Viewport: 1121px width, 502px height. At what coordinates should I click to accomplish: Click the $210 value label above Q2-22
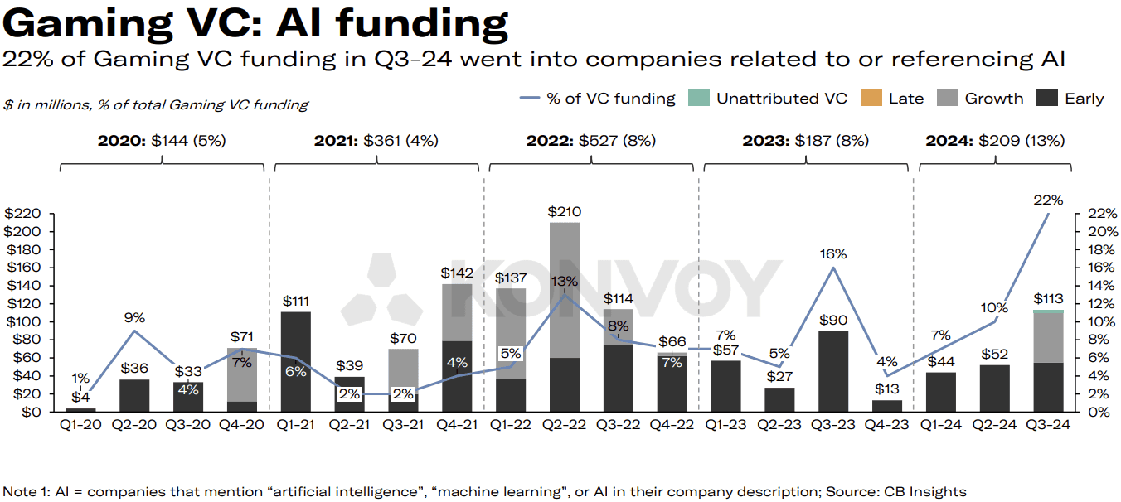tap(564, 212)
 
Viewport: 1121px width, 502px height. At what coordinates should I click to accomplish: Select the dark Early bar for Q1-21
tap(296, 361)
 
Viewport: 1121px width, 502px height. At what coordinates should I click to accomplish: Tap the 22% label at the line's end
tap(1049, 200)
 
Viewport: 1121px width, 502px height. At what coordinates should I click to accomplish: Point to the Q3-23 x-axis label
tap(832, 425)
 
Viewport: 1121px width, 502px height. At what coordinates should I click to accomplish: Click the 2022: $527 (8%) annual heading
tap(590, 141)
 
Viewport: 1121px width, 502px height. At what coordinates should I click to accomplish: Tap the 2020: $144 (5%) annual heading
tap(161, 141)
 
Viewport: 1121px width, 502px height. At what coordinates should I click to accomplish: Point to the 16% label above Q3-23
tap(833, 254)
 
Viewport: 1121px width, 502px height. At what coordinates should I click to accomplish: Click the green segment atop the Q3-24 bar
tap(1049, 311)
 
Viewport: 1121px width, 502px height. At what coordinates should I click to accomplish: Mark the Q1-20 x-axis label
tap(80, 425)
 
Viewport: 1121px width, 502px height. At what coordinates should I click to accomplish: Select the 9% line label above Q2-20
tap(135, 317)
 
